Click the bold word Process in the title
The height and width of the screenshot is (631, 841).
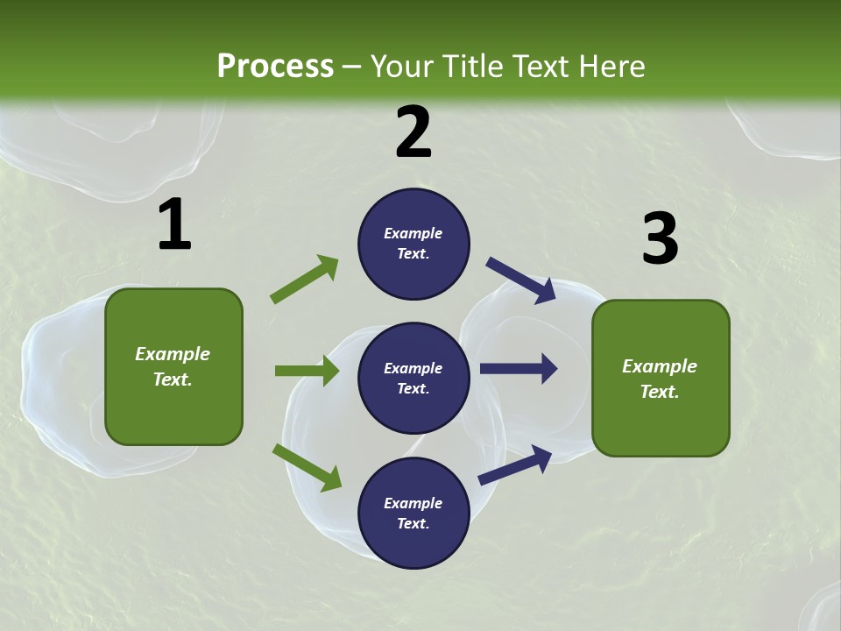coord(275,67)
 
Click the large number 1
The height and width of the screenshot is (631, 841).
coord(174,225)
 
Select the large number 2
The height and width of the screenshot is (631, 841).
coord(413,132)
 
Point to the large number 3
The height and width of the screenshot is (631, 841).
coord(660,239)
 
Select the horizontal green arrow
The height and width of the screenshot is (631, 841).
coord(307,371)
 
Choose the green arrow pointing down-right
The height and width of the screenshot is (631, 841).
coord(307,467)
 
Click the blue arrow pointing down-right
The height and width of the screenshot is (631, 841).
coord(521,280)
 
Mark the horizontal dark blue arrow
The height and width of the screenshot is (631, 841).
coord(519,369)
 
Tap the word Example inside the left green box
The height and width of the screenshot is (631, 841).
coord(173,354)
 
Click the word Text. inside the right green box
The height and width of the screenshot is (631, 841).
coord(660,392)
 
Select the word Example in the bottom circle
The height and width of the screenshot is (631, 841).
coord(413,503)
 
